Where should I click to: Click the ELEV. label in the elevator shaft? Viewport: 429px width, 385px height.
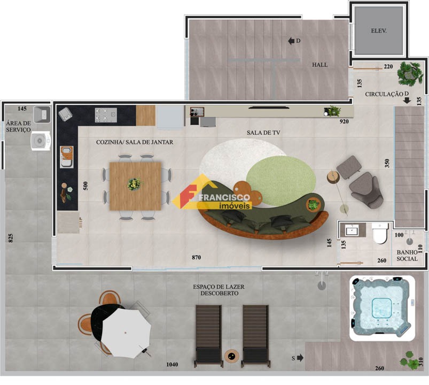coord(379,31)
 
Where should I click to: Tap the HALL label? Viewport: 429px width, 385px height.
coord(319,65)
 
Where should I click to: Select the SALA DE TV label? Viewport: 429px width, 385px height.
coord(263,133)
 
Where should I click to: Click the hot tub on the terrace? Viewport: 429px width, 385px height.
coord(382,308)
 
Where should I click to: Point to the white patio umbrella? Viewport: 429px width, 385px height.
coord(126,333)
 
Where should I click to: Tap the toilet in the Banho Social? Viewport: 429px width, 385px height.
coord(380,233)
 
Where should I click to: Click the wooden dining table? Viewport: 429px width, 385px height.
coord(135,186)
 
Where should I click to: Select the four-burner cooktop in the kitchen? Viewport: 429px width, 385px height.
coord(106,115)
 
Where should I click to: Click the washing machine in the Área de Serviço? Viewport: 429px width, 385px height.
coord(41,141)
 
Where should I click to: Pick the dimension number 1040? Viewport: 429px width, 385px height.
coord(172,365)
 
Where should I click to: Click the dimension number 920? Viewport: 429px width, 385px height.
coord(344,121)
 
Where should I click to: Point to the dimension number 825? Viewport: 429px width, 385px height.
coord(11,238)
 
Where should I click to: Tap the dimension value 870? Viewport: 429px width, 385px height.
coord(196,257)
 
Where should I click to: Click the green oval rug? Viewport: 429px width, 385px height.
coord(281,181)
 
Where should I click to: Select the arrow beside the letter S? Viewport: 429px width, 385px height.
coord(300,358)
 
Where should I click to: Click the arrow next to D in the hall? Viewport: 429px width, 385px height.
coord(291,41)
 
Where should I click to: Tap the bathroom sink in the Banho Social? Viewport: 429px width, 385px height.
coord(352,230)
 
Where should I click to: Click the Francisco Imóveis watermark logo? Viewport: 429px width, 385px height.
coord(212,193)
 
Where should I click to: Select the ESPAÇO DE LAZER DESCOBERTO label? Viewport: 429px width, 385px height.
coord(219,290)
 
